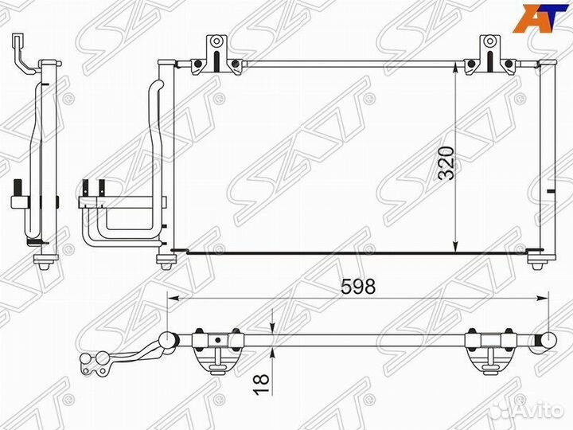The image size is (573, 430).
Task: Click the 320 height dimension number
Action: (x=446, y=162)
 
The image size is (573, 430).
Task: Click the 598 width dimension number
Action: (x=358, y=287)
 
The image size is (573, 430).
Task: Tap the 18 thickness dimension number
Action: (x=262, y=384)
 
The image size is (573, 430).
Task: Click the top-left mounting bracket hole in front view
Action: (x=216, y=41)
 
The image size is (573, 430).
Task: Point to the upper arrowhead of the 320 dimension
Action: (x=455, y=67)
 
